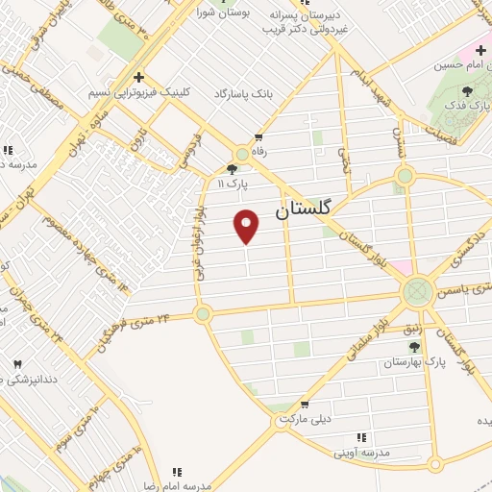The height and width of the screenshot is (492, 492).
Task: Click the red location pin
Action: click(247, 225)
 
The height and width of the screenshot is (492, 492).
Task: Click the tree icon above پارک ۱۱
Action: click(232, 170)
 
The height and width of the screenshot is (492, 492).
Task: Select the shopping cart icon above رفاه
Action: click(258, 136)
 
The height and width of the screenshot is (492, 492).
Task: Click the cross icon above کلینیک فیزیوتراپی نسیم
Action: click(139, 77)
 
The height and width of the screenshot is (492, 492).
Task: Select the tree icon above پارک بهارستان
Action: click(415, 347)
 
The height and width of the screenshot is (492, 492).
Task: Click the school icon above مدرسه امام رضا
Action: click(176, 471)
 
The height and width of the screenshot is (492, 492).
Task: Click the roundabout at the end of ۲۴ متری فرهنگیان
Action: click(202, 313)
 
